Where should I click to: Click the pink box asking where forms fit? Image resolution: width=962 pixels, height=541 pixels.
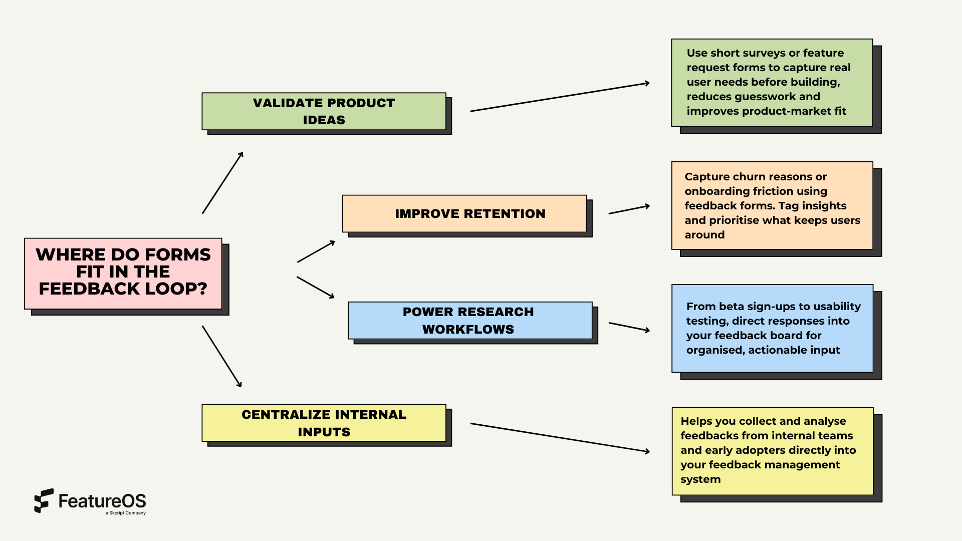123,274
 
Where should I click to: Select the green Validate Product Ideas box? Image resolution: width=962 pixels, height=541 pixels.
324,111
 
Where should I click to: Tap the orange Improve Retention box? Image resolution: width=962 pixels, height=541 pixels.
464,213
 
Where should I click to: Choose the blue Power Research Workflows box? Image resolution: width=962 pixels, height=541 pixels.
469,320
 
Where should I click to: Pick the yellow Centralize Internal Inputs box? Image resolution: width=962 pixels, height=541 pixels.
324,423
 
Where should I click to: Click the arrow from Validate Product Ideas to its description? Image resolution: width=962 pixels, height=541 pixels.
560,97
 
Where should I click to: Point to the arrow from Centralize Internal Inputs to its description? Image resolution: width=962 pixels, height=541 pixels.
560,437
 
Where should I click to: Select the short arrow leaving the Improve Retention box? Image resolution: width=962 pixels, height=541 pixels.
629,209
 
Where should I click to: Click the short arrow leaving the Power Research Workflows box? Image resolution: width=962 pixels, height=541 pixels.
629,327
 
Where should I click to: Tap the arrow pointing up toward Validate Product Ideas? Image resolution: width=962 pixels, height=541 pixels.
222,183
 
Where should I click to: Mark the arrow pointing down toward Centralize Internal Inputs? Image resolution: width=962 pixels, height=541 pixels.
222,356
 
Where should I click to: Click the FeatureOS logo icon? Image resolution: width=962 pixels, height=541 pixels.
44,500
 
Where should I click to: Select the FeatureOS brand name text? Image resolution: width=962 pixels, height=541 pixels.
102,501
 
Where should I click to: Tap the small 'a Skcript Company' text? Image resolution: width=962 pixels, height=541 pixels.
126,513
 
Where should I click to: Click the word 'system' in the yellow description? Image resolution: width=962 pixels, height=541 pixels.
700,479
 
